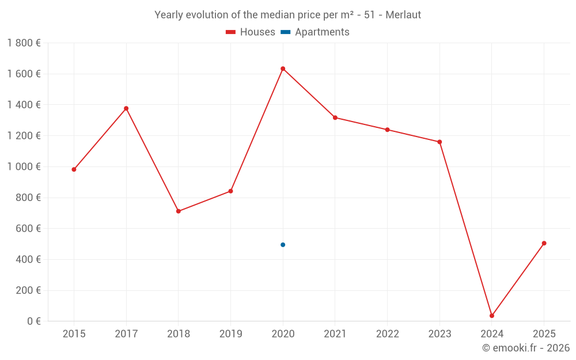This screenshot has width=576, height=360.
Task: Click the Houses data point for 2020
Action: [283, 69]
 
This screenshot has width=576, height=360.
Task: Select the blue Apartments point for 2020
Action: [283, 245]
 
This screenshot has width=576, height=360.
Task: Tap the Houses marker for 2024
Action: [492, 316]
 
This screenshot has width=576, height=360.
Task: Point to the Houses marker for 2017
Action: [126, 108]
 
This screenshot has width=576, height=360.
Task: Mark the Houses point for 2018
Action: [179, 211]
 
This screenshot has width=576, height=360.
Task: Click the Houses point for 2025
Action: [544, 243]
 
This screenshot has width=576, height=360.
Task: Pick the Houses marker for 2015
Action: [74, 169]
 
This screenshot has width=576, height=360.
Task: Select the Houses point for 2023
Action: [439, 142]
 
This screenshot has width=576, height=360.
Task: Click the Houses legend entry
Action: [251, 32]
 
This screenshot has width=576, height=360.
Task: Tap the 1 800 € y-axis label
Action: [24, 43]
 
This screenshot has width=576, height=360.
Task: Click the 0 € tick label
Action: [33, 321]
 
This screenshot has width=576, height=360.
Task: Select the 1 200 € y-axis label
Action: [24, 136]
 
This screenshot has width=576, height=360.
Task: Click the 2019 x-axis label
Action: [230, 334]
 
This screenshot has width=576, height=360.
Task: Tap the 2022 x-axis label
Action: [387, 334]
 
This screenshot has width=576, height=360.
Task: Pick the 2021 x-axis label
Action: [335, 334]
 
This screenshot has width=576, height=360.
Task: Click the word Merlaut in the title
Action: [404, 15]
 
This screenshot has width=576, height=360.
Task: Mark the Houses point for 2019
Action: [230, 191]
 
